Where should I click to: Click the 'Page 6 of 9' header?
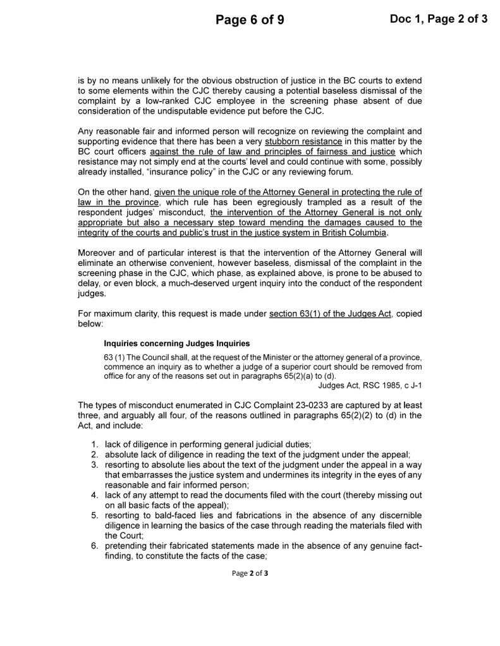[x=250, y=20]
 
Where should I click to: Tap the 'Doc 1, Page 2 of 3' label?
[x=439, y=19]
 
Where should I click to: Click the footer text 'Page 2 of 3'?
[x=250, y=573]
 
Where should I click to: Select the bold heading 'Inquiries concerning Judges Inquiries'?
[x=176, y=344]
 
